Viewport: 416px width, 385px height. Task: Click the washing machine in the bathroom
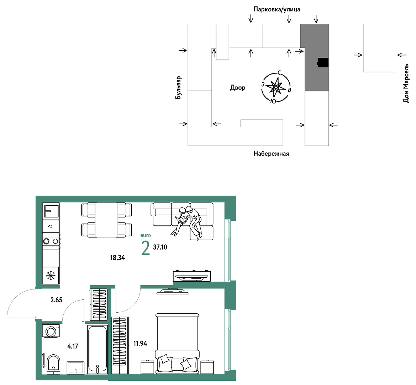(x=51, y=331)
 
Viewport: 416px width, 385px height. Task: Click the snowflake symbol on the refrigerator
(x=51, y=276)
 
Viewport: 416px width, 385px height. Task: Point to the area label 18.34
(x=117, y=257)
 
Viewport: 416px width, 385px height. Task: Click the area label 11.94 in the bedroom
(x=140, y=344)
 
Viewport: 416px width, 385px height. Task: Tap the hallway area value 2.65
(x=56, y=300)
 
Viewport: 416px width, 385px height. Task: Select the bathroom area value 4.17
(x=73, y=346)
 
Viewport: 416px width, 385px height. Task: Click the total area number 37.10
(x=160, y=247)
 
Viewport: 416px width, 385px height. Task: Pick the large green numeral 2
(x=146, y=248)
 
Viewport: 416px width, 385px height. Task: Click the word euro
(x=146, y=235)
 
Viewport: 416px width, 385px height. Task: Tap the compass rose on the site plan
(x=276, y=87)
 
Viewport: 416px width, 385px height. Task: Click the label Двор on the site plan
(x=238, y=87)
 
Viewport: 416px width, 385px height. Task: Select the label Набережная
(x=271, y=154)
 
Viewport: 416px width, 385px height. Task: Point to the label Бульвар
(x=178, y=88)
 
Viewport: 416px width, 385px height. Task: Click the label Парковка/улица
(x=277, y=10)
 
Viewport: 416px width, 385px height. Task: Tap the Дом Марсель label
(x=406, y=83)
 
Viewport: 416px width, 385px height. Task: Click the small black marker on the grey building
(x=323, y=63)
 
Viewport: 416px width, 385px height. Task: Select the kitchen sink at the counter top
(x=51, y=211)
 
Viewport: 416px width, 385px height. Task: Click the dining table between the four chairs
(x=106, y=220)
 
